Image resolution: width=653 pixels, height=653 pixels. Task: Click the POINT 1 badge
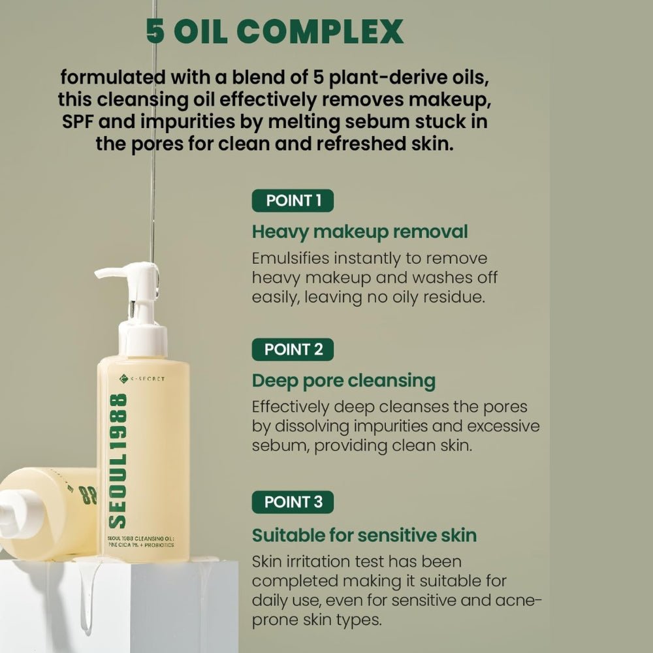[x=293, y=200]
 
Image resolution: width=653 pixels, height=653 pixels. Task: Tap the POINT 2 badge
[x=293, y=349]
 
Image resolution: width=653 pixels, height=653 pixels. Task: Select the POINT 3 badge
[x=293, y=502]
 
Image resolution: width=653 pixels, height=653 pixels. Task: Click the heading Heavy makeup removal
[x=360, y=232]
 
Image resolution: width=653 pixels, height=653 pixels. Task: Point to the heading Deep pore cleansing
[x=343, y=381]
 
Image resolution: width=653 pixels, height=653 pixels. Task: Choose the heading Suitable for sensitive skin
[x=364, y=535]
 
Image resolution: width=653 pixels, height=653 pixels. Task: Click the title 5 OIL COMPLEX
[x=274, y=31]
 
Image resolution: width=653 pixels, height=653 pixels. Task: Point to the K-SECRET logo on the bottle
[x=142, y=379]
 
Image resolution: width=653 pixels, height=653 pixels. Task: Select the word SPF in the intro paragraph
[x=73, y=121]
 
